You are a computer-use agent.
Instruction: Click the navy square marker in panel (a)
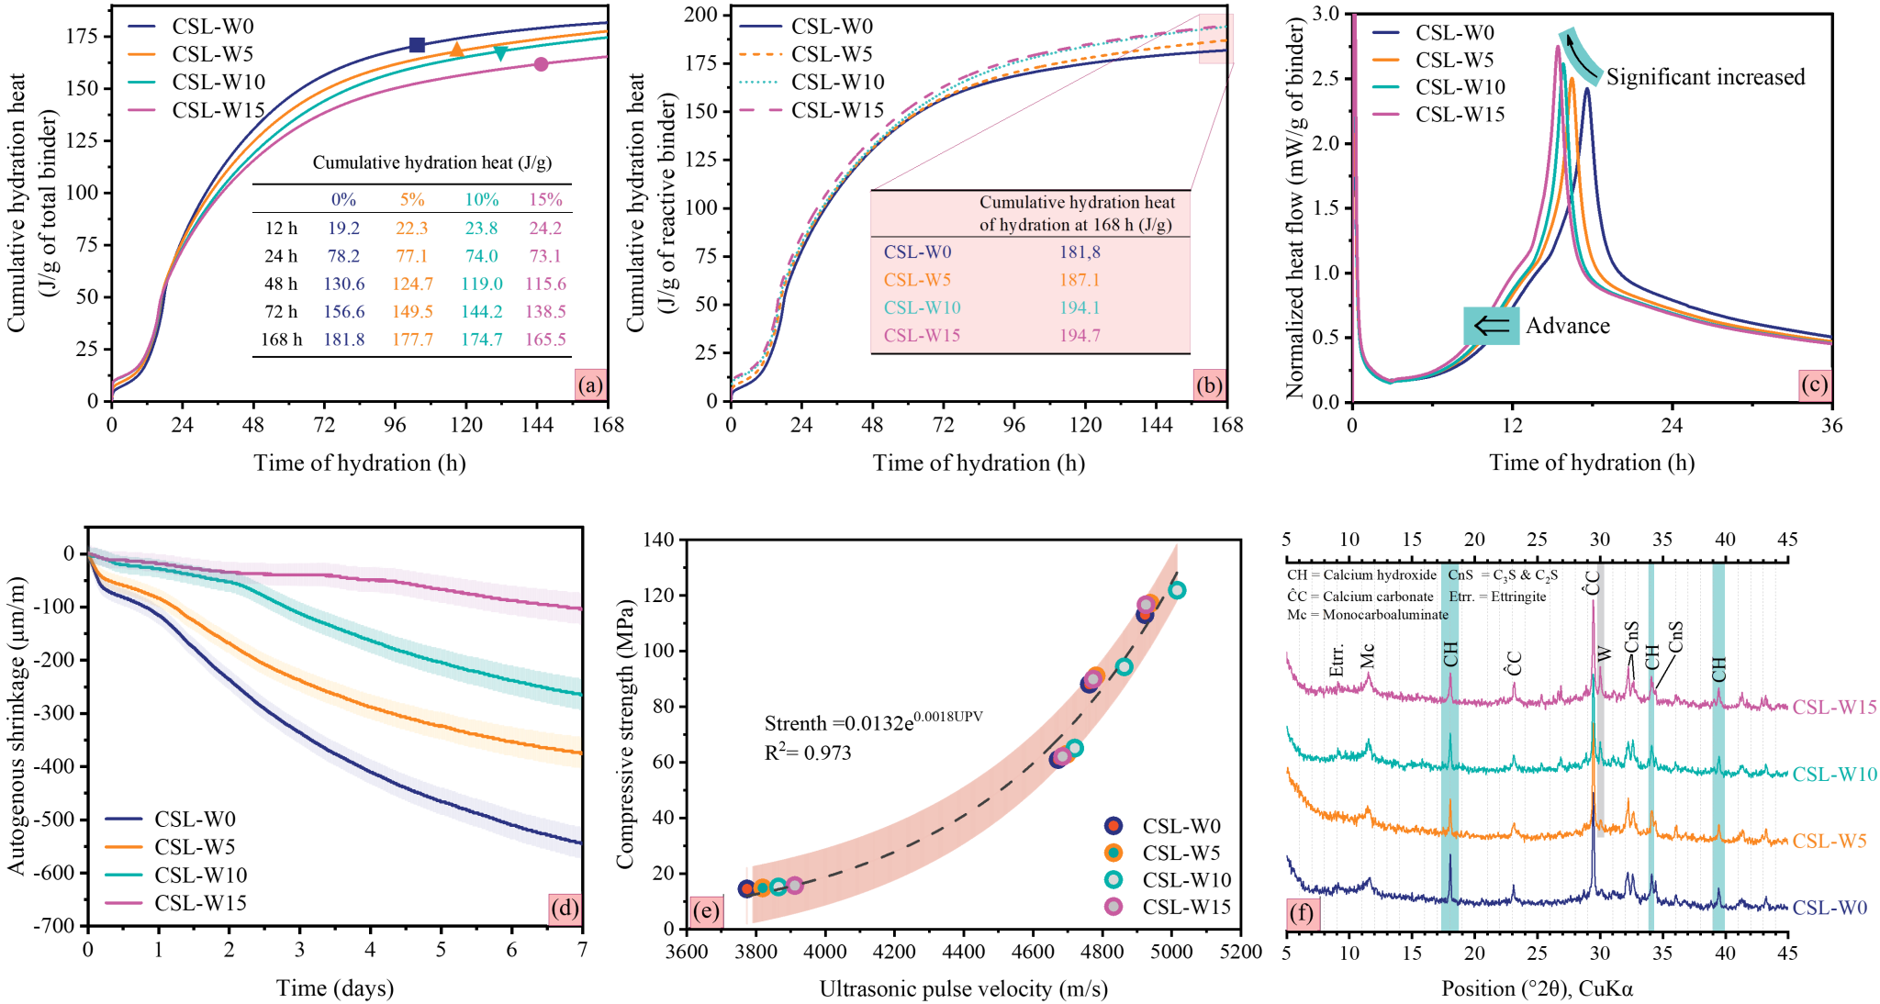(x=417, y=44)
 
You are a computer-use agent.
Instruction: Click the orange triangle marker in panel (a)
(x=456, y=49)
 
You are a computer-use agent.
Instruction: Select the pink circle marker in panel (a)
(x=542, y=64)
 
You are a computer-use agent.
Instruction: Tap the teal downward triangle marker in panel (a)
(x=500, y=53)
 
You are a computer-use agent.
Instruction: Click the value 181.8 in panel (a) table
(x=343, y=340)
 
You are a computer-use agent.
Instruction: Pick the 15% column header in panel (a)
(x=545, y=199)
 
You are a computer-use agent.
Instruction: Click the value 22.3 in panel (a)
(x=412, y=228)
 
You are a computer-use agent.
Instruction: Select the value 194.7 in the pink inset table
(x=1080, y=335)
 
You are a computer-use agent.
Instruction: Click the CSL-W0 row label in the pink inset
(x=917, y=252)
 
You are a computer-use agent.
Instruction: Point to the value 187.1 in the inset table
(x=1080, y=280)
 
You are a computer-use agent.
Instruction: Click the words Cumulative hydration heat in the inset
(x=1077, y=202)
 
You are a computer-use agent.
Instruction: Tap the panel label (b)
(x=1209, y=385)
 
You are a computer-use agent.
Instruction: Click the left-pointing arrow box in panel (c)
(x=1491, y=326)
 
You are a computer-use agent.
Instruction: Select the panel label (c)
(x=1813, y=385)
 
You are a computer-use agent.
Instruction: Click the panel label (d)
(x=564, y=909)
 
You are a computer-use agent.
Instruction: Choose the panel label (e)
(x=705, y=910)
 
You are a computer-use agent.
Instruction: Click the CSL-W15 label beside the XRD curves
(x=1834, y=708)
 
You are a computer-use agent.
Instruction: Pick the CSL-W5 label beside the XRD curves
(x=1829, y=842)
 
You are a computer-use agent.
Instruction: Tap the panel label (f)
(x=1301, y=913)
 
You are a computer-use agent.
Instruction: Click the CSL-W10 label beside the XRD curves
(x=1834, y=775)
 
